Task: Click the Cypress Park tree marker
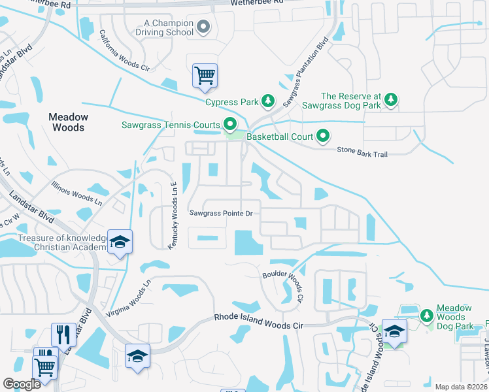click(267, 101)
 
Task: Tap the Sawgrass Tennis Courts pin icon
click(229, 123)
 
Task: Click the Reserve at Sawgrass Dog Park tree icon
click(391, 99)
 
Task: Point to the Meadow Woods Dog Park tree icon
click(426, 316)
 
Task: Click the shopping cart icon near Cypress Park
click(205, 75)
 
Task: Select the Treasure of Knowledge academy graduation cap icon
click(119, 242)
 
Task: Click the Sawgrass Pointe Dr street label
click(221, 213)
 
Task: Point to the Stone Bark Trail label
click(363, 150)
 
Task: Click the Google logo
click(22, 384)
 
